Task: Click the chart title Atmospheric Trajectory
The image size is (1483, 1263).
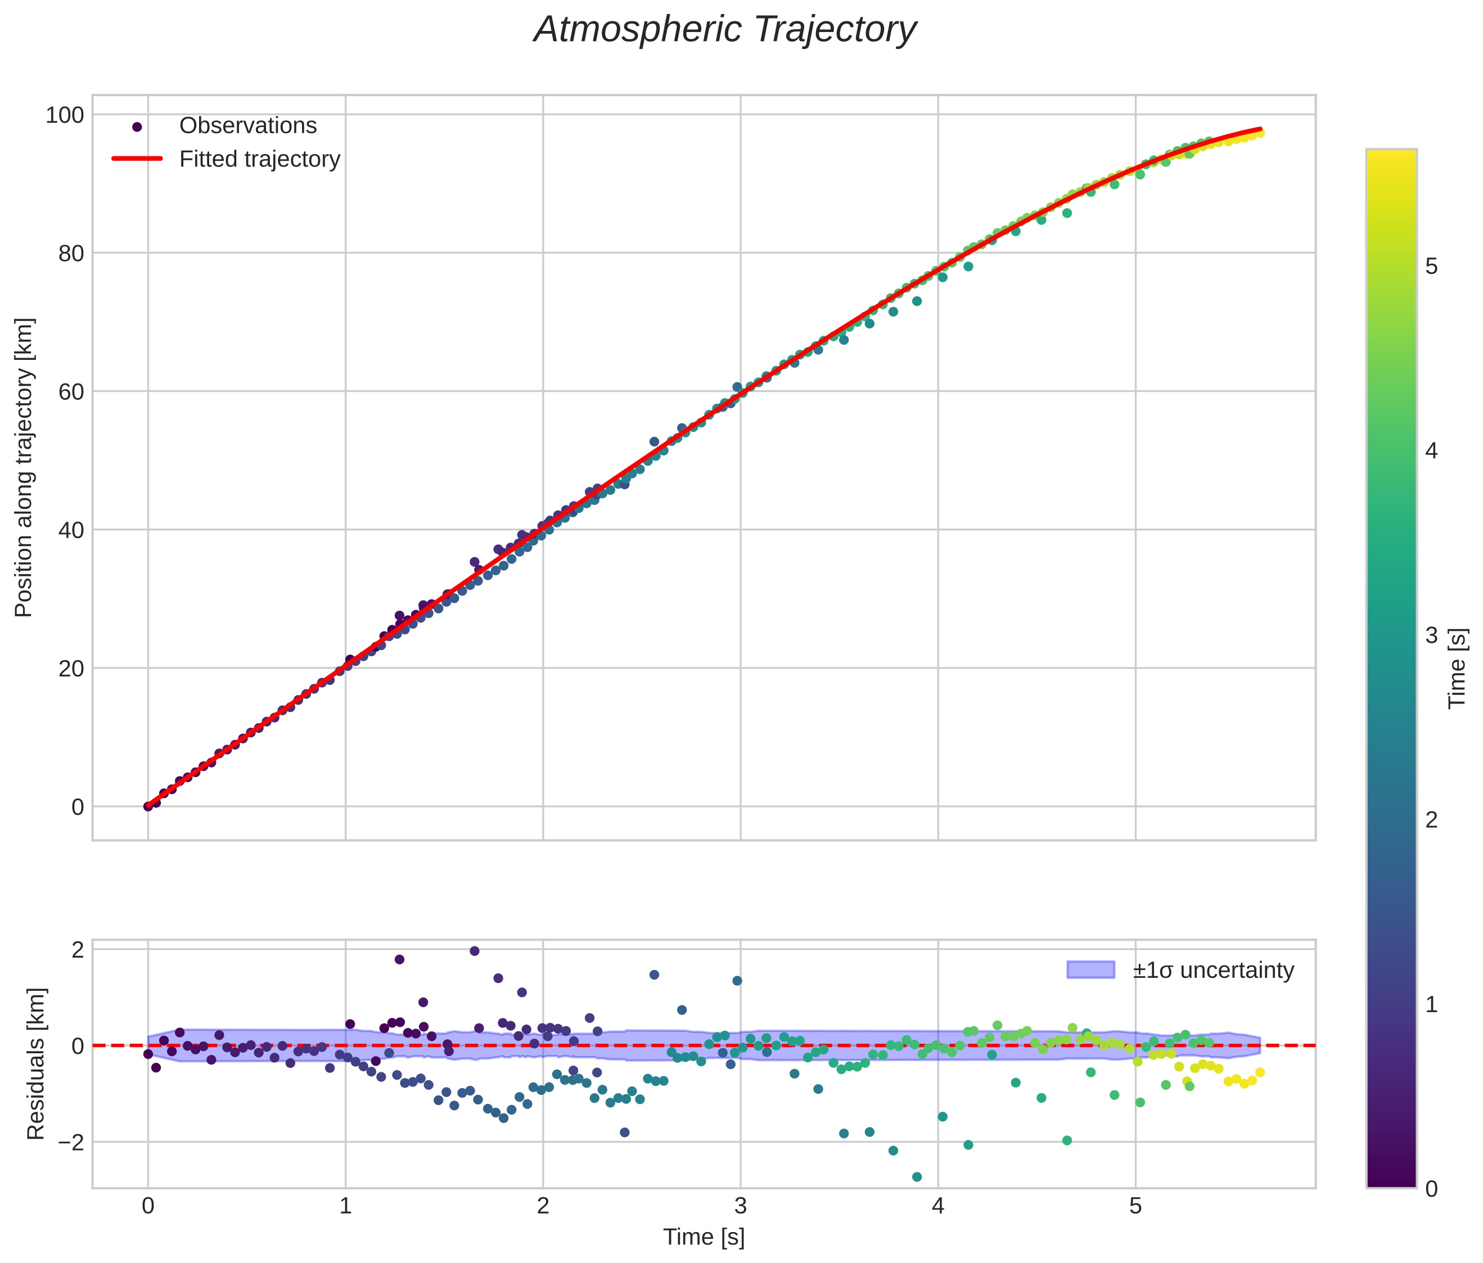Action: (724, 30)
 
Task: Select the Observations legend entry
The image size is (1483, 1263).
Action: (247, 126)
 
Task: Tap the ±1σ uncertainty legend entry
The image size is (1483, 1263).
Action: (1212, 971)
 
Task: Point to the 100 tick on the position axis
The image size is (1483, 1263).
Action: (65, 115)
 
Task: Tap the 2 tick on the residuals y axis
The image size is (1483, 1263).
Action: (77, 950)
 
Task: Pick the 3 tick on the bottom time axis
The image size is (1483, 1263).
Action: (740, 1206)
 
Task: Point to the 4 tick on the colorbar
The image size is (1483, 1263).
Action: (1431, 451)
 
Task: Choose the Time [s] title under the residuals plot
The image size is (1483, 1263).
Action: (704, 1237)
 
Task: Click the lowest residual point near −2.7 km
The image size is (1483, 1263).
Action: (917, 1177)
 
